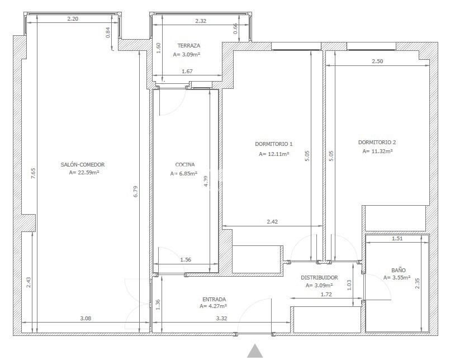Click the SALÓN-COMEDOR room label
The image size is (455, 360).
click(83, 164)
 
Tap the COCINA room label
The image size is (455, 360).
click(185, 164)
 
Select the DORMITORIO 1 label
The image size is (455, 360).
click(274, 144)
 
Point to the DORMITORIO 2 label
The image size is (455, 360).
click(377, 142)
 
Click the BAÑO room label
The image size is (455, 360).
click(399, 270)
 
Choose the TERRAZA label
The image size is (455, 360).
click(188, 45)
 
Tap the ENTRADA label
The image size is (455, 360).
click(214, 299)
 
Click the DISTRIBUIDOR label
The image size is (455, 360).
click(319, 278)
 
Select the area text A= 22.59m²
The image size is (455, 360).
click(84, 172)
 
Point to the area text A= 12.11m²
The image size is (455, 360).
click(274, 154)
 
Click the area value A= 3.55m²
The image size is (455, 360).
click(397, 278)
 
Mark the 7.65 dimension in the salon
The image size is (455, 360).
click(33, 173)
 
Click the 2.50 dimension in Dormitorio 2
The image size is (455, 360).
click(377, 61)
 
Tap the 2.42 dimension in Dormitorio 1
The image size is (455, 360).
click(272, 221)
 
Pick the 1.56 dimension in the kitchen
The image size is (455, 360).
click(186, 259)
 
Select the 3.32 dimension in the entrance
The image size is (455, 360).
click(221, 318)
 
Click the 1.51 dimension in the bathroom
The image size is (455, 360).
click(397, 239)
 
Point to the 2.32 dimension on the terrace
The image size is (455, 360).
click(201, 21)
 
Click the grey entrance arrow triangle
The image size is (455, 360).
click(255, 351)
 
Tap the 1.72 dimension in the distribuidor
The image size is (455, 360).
click(326, 294)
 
